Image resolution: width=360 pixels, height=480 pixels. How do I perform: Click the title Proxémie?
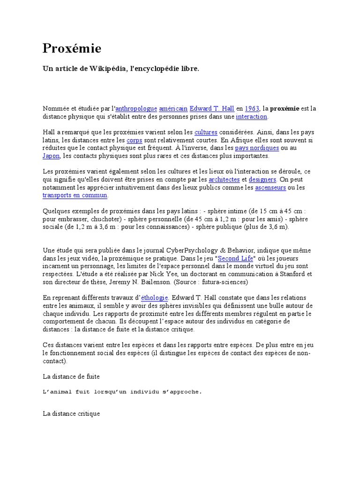(72, 49)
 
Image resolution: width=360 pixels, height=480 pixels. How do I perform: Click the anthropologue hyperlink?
(135, 109)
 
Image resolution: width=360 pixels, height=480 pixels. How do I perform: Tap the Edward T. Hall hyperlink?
(211, 109)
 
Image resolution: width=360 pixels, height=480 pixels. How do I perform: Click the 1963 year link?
(252, 109)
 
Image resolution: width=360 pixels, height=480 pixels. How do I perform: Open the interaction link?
(251, 117)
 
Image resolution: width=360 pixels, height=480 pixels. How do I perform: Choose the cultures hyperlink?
(205, 132)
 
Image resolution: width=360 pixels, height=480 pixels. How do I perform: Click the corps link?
(134, 140)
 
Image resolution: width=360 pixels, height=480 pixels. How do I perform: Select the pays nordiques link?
(257, 148)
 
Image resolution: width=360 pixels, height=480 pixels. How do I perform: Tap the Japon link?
(51, 156)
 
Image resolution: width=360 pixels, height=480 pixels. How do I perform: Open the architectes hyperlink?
(224, 180)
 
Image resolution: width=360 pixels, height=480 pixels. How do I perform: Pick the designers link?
(262, 180)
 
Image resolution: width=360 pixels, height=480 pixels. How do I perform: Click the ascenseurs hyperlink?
(271, 187)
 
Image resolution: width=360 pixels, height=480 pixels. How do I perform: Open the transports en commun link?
(75, 195)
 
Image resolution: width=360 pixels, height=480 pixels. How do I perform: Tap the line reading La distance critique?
(71, 414)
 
